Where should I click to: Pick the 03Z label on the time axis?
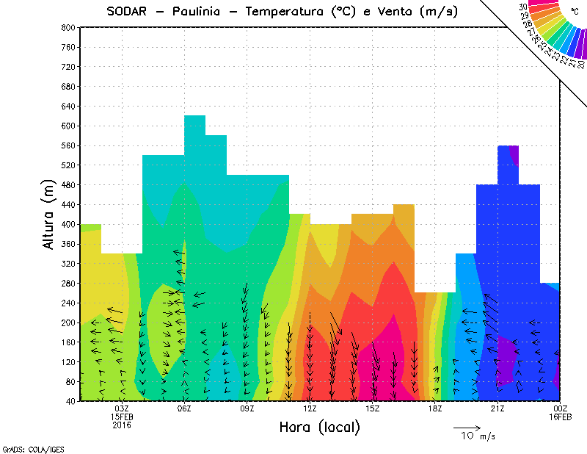[122, 408]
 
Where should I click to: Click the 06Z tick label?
[184, 408]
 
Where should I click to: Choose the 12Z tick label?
[310, 408]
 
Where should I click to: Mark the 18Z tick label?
[435, 408]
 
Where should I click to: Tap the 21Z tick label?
[497, 408]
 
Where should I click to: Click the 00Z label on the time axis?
[561, 408]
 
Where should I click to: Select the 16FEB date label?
[561, 417]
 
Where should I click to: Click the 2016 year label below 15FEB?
[122, 425]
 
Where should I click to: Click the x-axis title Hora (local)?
[318, 427]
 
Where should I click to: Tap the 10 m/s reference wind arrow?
[466, 427]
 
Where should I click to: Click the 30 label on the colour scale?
[523, 7]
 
